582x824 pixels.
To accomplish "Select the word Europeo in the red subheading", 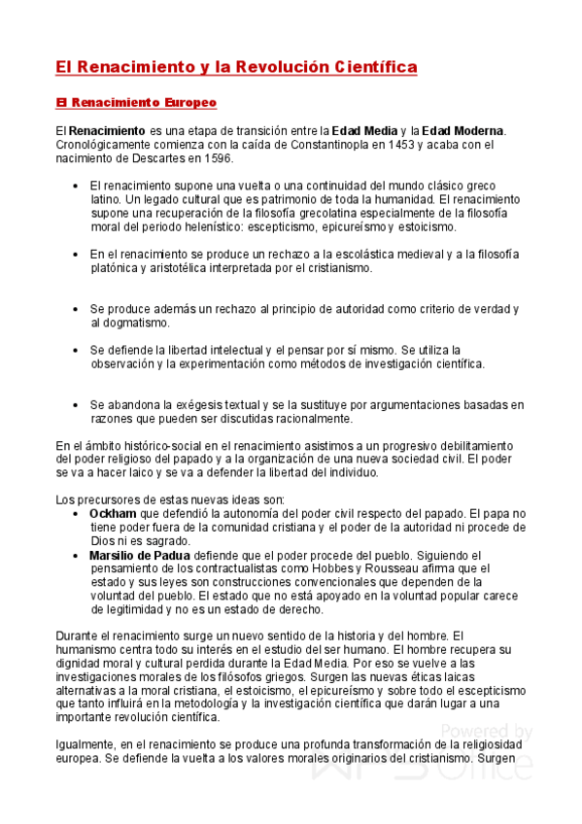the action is [185, 102].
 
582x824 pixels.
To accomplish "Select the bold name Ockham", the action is [113, 513].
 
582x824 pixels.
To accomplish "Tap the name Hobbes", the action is [324, 568].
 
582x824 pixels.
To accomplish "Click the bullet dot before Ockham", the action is [77, 513].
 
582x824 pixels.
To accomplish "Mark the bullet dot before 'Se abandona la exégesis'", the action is [77, 405].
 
